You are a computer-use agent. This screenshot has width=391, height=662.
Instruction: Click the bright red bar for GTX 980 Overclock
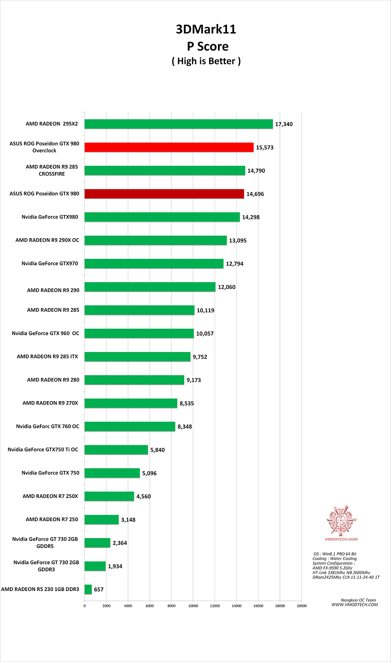point(169,147)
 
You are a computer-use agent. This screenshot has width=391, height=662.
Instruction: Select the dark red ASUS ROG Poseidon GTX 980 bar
point(164,194)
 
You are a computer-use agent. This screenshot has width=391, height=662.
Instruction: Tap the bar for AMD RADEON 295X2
point(178,124)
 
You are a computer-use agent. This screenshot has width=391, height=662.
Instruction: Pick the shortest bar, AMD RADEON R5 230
point(88,589)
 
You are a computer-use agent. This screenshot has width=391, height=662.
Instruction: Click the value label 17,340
point(284,124)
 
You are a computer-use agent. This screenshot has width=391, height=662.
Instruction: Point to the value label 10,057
point(205,334)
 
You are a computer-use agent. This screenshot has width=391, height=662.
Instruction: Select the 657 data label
point(99,590)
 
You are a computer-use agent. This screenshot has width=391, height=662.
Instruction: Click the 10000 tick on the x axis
point(193,606)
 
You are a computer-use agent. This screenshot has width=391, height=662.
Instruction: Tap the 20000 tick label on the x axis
point(302,606)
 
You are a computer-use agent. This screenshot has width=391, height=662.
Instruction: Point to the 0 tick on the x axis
point(85,606)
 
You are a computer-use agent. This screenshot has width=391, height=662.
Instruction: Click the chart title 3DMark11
point(206,29)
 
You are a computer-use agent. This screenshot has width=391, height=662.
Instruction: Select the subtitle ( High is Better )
point(206,61)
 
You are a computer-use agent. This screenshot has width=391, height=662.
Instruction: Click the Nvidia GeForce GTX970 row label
point(50,263)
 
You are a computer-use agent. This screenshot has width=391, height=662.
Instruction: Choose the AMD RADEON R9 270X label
point(50,403)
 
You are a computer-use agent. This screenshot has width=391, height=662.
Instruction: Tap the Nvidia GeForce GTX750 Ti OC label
point(43,450)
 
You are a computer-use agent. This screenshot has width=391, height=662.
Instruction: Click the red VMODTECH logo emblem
point(341,520)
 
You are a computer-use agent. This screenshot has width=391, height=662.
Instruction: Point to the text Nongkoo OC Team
point(358,600)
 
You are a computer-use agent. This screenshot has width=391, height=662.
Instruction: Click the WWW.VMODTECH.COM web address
point(354,605)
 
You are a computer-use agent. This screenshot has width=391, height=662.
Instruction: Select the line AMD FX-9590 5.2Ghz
point(332,568)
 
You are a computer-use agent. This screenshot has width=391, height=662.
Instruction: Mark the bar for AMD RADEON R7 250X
point(109,496)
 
